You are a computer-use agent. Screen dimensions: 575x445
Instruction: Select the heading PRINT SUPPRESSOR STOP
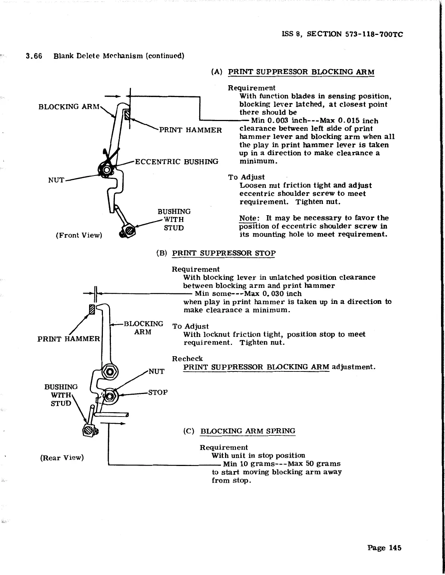click(224, 253)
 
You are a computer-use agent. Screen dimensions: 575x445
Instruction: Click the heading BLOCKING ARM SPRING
click(248, 431)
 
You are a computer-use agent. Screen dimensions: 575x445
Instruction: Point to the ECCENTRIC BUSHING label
click(177, 161)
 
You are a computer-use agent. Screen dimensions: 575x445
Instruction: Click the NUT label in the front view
click(56, 180)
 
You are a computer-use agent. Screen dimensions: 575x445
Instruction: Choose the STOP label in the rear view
click(158, 393)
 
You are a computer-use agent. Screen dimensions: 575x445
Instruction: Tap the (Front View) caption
click(79, 235)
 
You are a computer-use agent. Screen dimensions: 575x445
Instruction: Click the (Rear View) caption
click(62, 458)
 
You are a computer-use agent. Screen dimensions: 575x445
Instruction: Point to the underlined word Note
click(248, 218)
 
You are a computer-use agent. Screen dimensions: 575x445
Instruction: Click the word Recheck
click(187, 359)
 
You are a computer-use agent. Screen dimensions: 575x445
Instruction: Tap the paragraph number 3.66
click(34, 56)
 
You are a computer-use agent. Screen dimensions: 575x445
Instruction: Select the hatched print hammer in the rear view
click(92, 309)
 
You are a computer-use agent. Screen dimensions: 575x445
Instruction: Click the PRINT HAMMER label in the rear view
click(68, 339)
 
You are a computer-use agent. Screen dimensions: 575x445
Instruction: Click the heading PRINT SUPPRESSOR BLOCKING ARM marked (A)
click(301, 72)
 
